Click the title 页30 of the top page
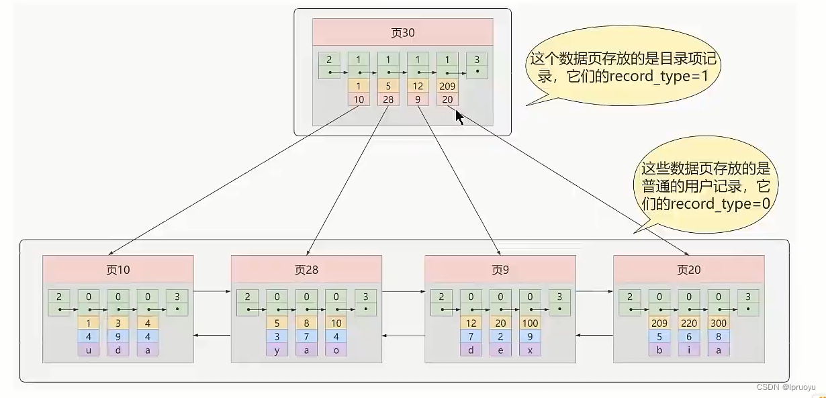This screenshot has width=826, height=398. pyautogui.click(x=402, y=33)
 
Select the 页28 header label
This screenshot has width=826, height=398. pyautogui.click(x=306, y=270)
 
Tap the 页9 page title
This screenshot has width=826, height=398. pyautogui.click(x=500, y=270)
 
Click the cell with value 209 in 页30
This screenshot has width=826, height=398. pyautogui.click(x=447, y=86)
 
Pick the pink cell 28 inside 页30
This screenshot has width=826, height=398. pyautogui.click(x=388, y=99)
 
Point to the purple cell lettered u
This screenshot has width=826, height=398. pyautogui.click(x=89, y=349)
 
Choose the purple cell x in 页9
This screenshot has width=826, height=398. pyautogui.click(x=530, y=349)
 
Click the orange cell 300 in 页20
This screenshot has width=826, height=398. pyautogui.click(x=719, y=323)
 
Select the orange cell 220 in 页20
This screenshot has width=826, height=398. pyautogui.click(x=689, y=323)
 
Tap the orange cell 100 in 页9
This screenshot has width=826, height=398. pyautogui.click(x=530, y=323)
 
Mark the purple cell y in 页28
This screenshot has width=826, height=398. pyautogui.click(x=277, y=349)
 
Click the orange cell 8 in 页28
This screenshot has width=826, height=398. pyautogui.click(x=306, y=323)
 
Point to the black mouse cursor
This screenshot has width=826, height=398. pyautogui.click(x=459, y=116)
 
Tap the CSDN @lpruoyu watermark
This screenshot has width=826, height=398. pyautogui.click(x=786, y=387)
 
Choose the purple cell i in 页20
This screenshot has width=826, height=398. pyautogui.click(x=689, y=349)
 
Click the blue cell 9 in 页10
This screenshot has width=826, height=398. pyautogui.click(x=118, y=336)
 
